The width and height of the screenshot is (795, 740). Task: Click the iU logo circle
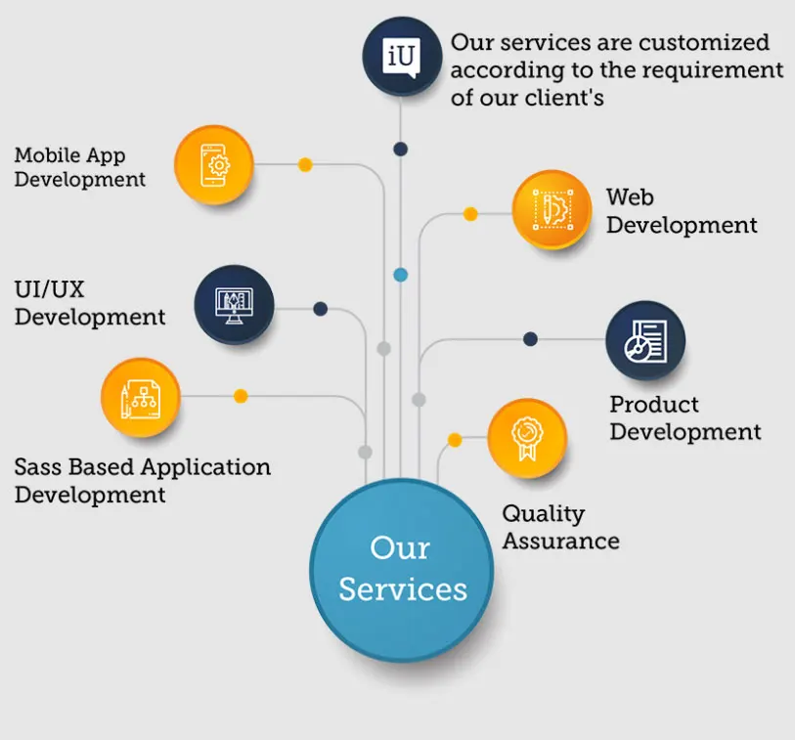pos(402,56)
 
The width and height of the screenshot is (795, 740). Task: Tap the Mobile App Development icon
pos(213,164)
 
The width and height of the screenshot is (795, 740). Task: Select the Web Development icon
pos(552,209)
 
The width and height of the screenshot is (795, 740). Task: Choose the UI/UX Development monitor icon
pos(234,304)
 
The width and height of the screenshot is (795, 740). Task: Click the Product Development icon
pos(645,340)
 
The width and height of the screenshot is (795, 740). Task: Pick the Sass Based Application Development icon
pos(141,397)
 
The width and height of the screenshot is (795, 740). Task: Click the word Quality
pos(544,514)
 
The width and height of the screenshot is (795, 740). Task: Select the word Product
pos(654,405)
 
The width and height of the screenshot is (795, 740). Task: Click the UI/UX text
pos(50,290)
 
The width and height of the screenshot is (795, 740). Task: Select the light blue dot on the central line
pos(401,275)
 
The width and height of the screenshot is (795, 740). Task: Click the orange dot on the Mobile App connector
pos(305,165)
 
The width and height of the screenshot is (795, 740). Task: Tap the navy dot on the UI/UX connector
pos(320,309)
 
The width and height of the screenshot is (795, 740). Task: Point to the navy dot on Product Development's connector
pos(530,339)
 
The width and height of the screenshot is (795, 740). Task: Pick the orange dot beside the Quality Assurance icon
pos(454,440)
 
